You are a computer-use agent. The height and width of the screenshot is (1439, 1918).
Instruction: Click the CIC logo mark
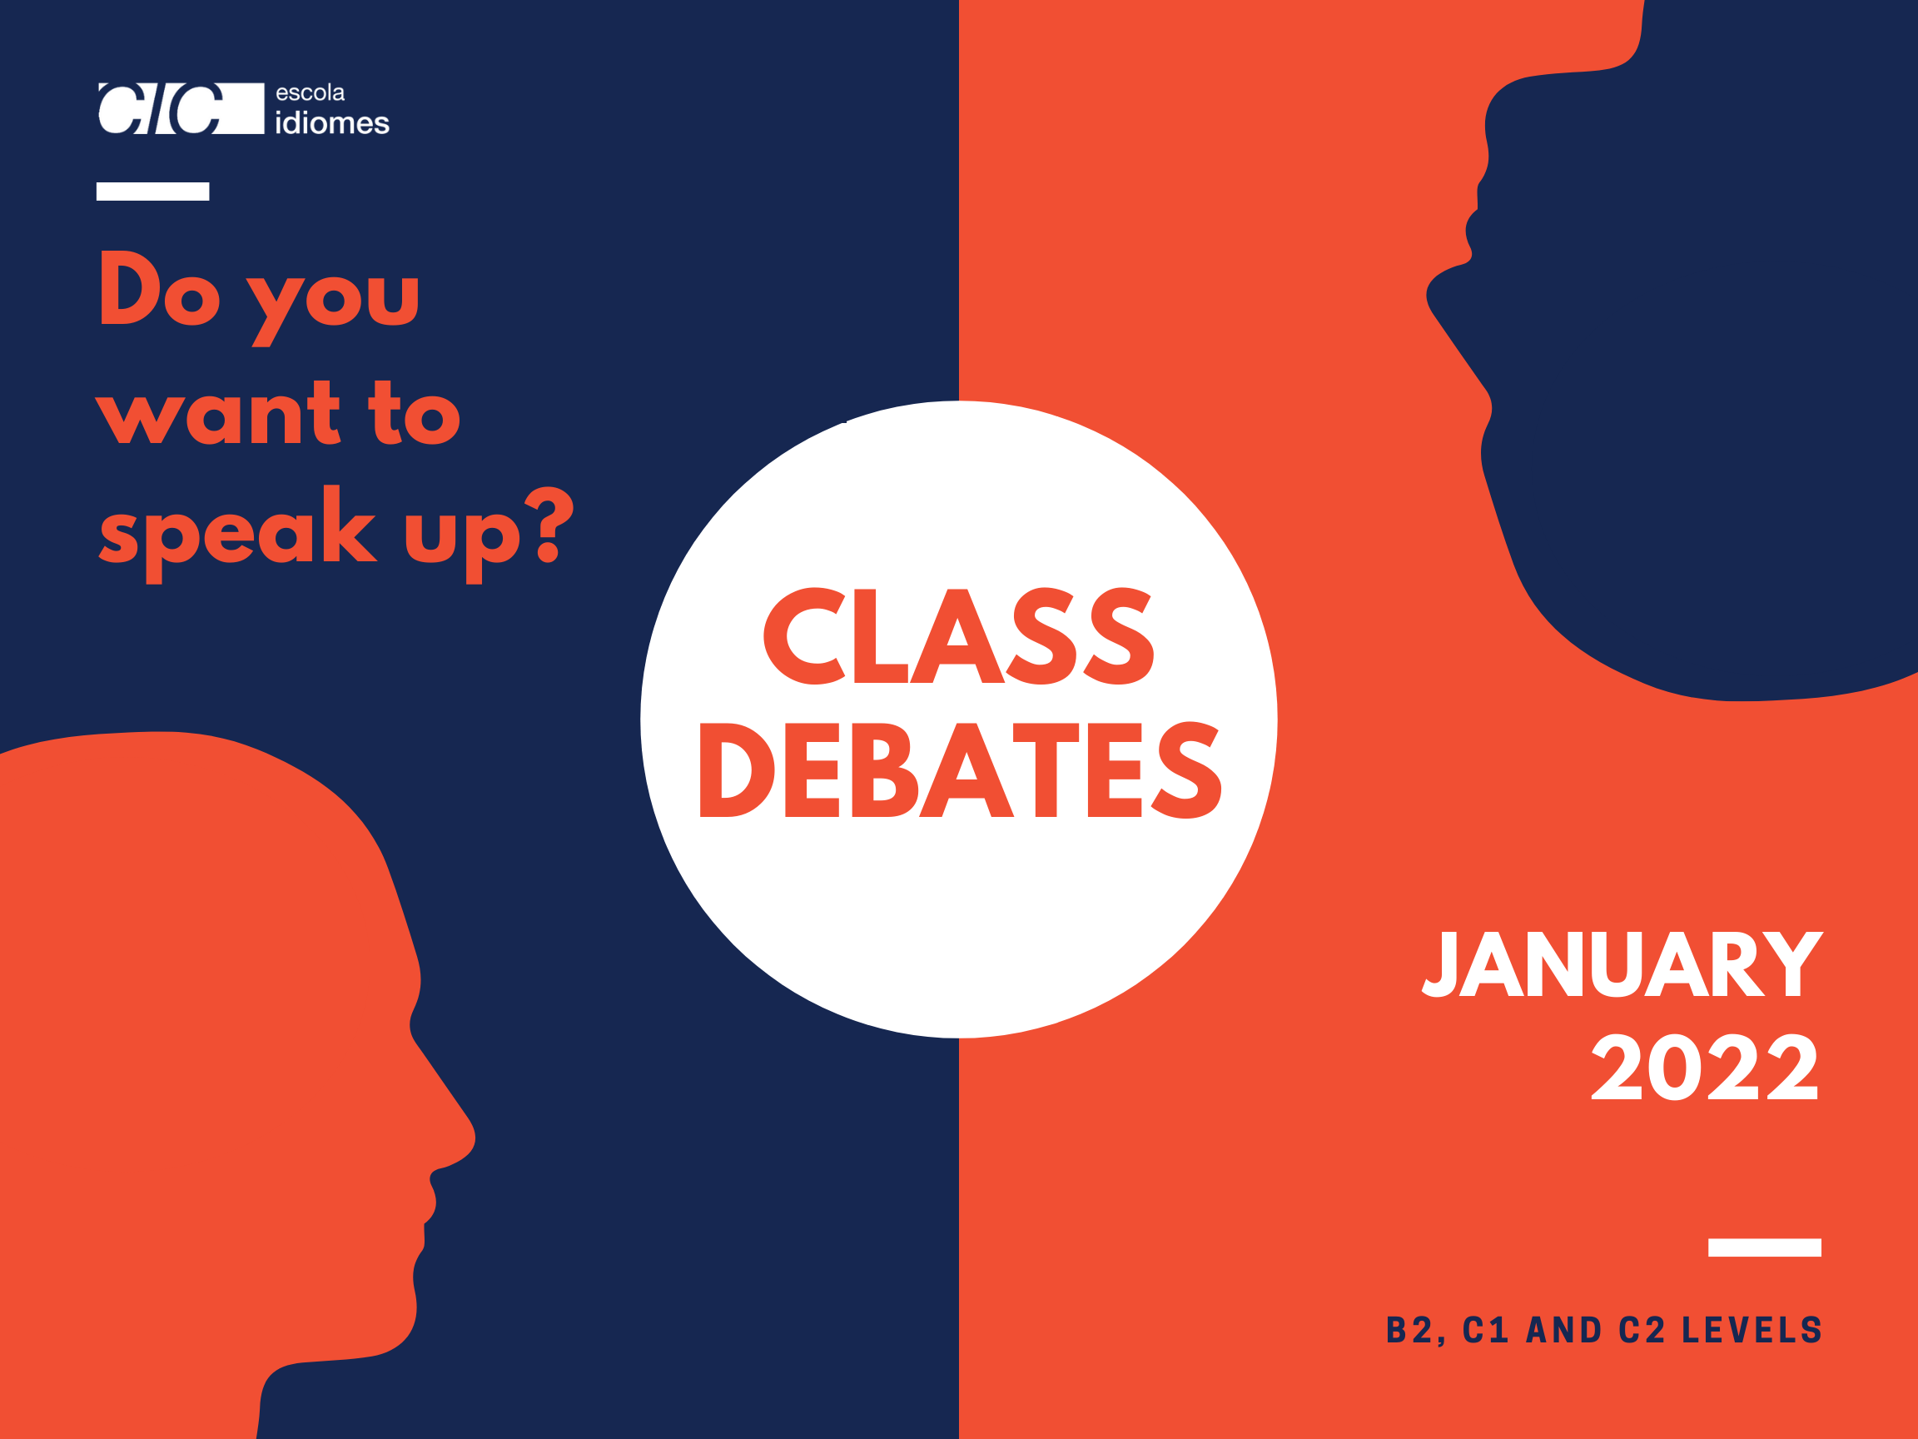click(x=181, y=108)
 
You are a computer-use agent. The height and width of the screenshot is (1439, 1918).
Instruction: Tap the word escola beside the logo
click(x=311, y=92)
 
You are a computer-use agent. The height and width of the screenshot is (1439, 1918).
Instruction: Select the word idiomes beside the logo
click(x=332, y=123)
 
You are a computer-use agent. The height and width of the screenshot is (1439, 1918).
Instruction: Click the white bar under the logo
click(x=152, y=191)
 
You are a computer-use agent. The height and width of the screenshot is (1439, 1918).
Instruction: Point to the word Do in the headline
click(x=160, y=288)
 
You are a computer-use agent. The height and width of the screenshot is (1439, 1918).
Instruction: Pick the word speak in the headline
click(x=238, y=534)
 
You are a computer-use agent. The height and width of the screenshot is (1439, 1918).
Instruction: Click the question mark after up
click(x=549, y=524)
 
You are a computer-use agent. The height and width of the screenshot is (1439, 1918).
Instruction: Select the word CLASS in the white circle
click(x=959, y=635)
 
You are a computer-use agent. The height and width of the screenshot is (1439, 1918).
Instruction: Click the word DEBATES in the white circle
click(x=961, y=770)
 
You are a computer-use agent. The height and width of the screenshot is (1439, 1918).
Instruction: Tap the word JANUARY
click(x=1622, y=963)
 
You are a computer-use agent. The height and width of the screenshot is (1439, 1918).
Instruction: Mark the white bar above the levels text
click(x=1765, y=1247)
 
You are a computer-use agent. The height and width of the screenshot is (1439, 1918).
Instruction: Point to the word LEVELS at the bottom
click(x=1752, y=1330)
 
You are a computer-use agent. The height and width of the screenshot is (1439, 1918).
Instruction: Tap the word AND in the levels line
click(x=1563, y=1330)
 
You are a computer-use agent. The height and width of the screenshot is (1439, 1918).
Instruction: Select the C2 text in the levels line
click(x=1642, y=1330)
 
